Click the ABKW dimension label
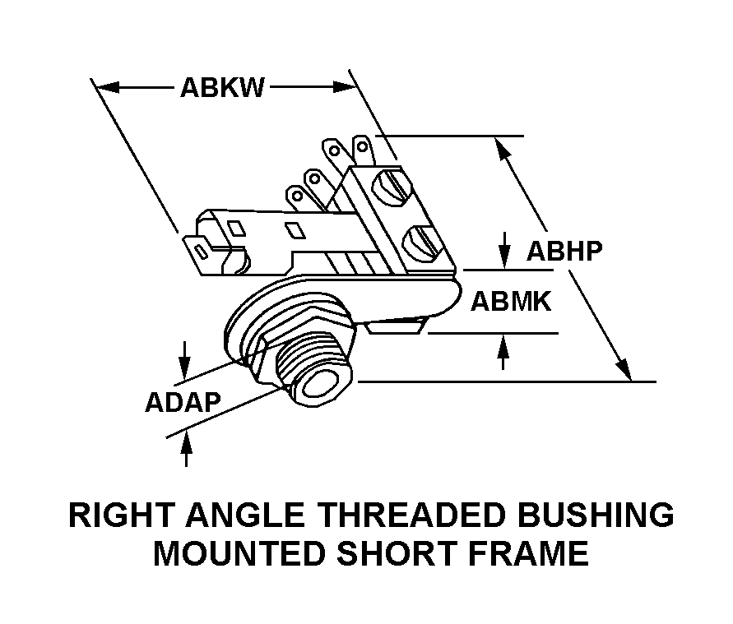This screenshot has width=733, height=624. pyautogui.click(x=222, y=88)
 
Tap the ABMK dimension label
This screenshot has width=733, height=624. pyautogui.click(x=510, y=302)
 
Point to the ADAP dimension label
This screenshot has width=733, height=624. pyautogui.click(x=183, y=402)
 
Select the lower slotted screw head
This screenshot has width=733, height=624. pyautogui.click(x=422, y=242)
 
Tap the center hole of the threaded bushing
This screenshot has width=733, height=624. pyautogui.click(x=322, y=385)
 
